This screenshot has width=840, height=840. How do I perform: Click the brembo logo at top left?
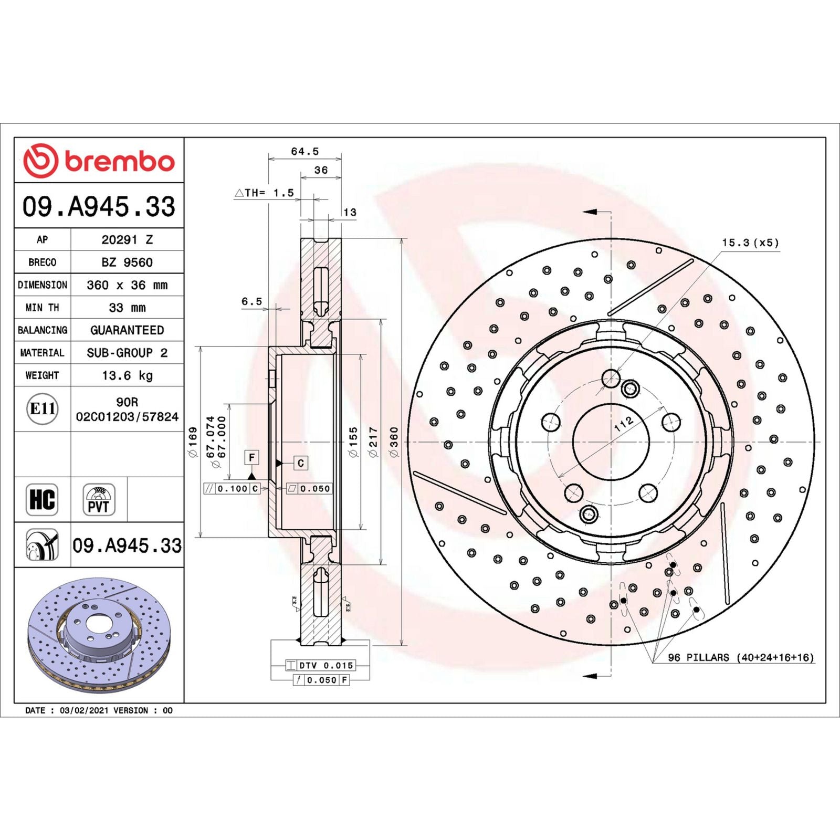[x=99, y=160]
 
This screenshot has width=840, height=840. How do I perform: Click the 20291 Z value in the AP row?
[x=127, y=239]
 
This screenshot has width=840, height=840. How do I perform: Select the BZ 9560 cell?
[x=127, y=262]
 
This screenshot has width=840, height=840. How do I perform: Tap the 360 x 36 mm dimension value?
[x=127, y=285]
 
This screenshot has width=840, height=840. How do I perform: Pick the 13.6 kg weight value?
[x=127, y=375]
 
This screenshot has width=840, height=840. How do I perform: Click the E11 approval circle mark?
[x=42, y=408]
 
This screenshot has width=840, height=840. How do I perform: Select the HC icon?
[x=42, y=499]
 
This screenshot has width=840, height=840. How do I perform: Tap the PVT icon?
[x=99, y=499]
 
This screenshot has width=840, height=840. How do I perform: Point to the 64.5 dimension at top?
[x=304, y=151]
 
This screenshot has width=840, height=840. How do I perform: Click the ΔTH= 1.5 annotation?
[x=264, y=193]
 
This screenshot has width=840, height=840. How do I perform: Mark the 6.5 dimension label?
[x=251, y=301]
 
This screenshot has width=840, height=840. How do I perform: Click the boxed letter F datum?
[x=252, y=457]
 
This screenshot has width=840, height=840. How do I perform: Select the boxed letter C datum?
[x=300, y=463]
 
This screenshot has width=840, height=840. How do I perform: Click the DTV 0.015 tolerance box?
[x=320, y=665]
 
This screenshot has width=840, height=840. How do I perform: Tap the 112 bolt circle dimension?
[x=624, y=424]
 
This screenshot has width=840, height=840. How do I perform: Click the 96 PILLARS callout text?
[x=740, y=657]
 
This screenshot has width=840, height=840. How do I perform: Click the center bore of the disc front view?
[x=611, y=442]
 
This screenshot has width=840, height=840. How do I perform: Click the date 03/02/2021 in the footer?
[x=84, y=710]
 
